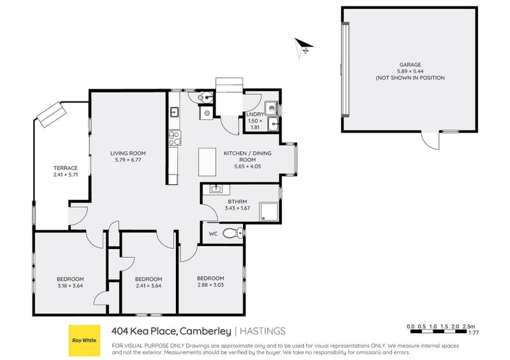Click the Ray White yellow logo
pos(85,340)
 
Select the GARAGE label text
pos(409,64)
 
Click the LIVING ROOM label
pos(128,153)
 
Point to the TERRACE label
pos(65,168)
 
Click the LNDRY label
pos(254,115)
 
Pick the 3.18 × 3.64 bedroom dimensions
pos(70,286)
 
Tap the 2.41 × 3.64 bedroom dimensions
pos(149,286)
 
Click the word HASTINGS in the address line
pos(263,331)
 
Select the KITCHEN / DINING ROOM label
pos(242,157)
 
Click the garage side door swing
pos(429,140)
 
